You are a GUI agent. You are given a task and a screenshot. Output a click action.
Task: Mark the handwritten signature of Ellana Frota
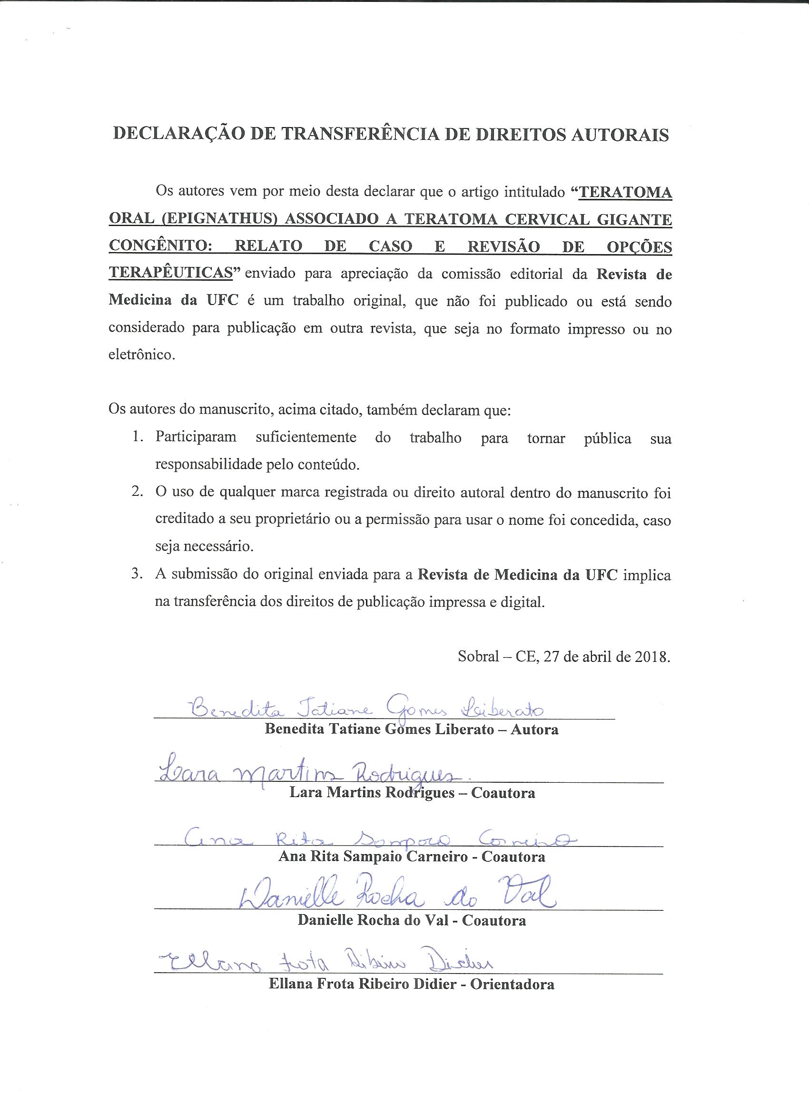pyautogui.click(x=324, y=963)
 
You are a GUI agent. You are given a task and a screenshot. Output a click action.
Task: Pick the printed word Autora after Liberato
pyautogui.click(x=534, y=729)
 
